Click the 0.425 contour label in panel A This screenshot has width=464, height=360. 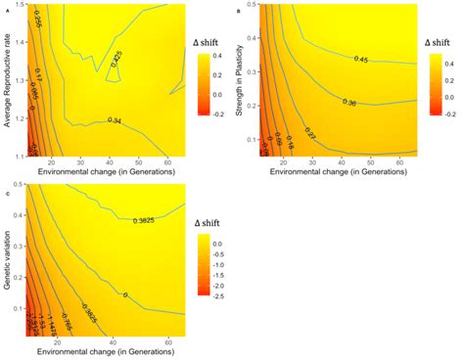coord(116,59)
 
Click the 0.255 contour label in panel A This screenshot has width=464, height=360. coord(38,32)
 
